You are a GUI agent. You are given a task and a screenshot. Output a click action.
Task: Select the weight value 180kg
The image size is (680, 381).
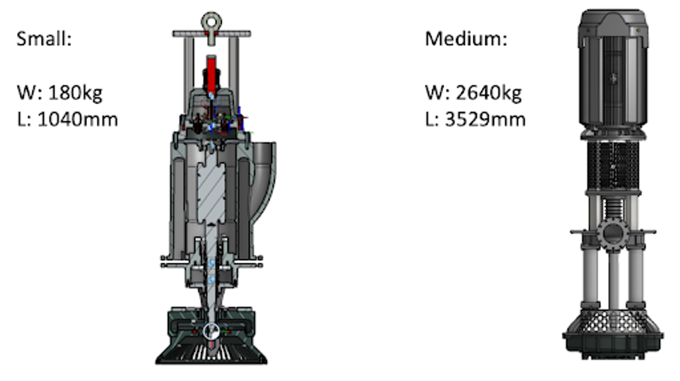click(x=75, y=93)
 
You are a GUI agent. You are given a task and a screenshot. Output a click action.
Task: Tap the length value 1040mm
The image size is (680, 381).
click(x=78, y=119)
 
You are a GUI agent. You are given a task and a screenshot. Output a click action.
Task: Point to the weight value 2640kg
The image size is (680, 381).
click(x=488, y=93)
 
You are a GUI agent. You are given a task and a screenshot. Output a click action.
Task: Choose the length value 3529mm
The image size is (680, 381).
click(x=485, y=119)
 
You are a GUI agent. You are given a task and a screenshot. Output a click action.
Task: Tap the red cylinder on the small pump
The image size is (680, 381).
click(x=211, y=74)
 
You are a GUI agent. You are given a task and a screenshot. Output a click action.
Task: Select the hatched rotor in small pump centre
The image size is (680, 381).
click(x=211, y=192)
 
